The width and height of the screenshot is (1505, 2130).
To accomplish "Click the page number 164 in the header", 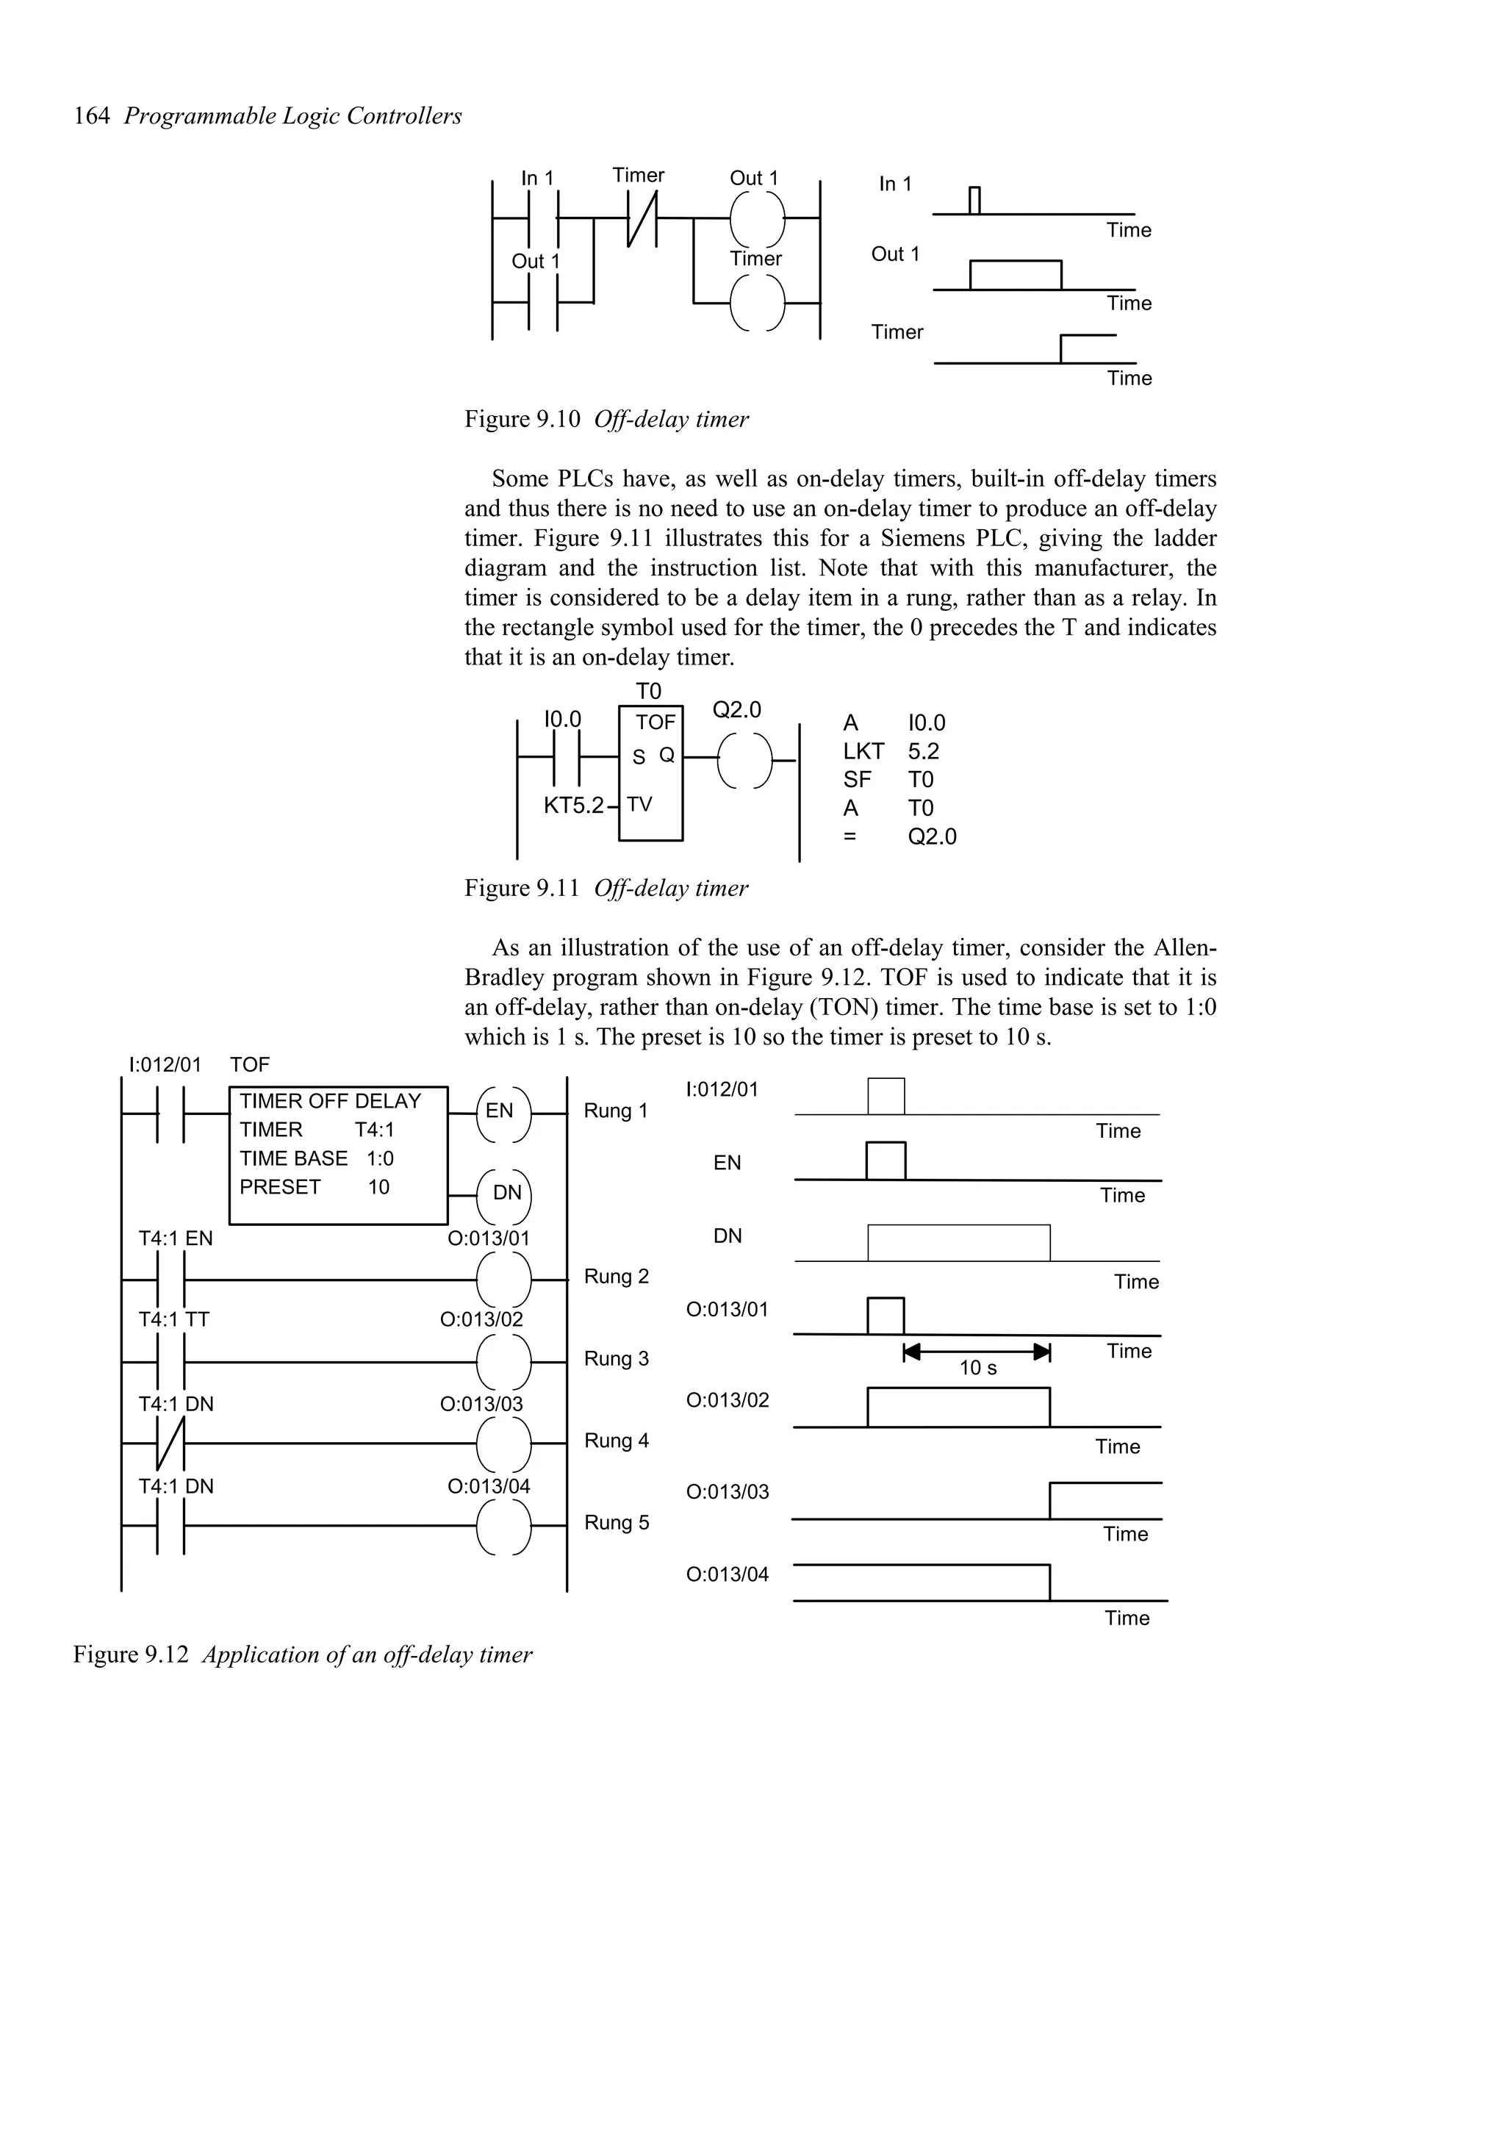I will coord(91,116).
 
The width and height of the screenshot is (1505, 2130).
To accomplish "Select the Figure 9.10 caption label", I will coord(522,420).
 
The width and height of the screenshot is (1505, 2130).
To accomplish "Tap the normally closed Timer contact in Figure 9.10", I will coord(642,219).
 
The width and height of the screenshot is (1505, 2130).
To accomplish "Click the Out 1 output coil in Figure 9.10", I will coord(757,219).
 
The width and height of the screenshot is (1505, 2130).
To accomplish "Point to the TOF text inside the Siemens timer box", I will coord(655,722).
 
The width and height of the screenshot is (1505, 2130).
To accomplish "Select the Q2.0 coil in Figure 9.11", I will coord(744,760).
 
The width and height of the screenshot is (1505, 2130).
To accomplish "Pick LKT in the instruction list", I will coord(863,751).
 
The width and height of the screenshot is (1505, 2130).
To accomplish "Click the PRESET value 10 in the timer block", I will coord(378,1188).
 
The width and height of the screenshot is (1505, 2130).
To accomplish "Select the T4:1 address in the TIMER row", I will coord(374,1130).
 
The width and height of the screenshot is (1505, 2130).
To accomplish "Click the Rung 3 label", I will coord(616,1359).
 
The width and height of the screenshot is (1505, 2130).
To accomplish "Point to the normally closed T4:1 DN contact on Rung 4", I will coord(170,1444).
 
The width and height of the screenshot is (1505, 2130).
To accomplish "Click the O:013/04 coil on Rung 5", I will coord(503,1526).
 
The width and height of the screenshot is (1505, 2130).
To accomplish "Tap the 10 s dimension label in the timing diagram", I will coord(977,1369).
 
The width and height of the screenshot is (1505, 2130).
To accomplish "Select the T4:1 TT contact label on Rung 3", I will coord(173,1319).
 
